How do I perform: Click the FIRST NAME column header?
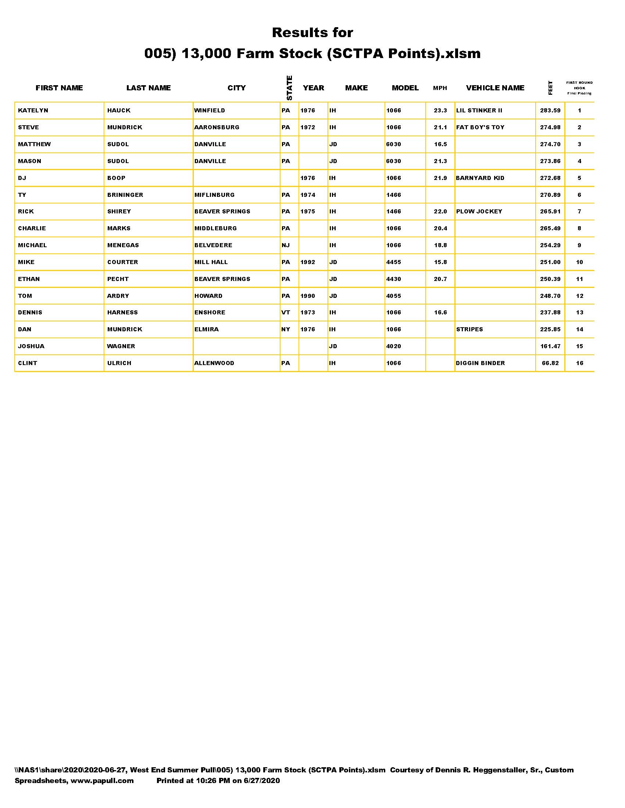(59, 88)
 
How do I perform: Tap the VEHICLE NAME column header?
(495, 88)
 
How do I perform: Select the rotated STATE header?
(290, 88)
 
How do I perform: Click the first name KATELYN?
(33, 110)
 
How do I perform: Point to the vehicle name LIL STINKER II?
(479, 110)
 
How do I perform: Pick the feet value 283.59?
(550, 110)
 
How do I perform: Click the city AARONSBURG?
(217, 127)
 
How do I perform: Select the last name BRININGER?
(125, 195)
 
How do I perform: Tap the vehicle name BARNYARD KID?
(480, 178)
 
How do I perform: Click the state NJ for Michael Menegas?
(285, 245)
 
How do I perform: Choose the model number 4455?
(394, 262)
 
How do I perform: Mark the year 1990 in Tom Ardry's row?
(308, 296)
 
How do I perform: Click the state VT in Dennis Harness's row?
(285, 312)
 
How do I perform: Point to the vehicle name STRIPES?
(469, 329)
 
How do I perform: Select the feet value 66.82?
(550, 363)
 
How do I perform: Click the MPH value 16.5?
(440, 144)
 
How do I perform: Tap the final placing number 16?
(579, 363)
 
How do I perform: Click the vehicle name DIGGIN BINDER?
(480, 363)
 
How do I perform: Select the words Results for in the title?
(312, 33)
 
